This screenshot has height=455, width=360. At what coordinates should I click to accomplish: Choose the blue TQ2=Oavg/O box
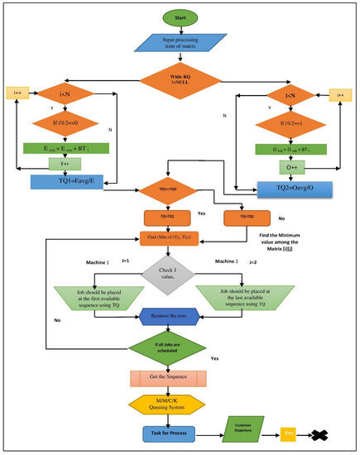[x=281, y=188]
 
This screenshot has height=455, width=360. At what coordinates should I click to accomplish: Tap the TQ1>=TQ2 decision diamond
[x=169, y=189]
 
